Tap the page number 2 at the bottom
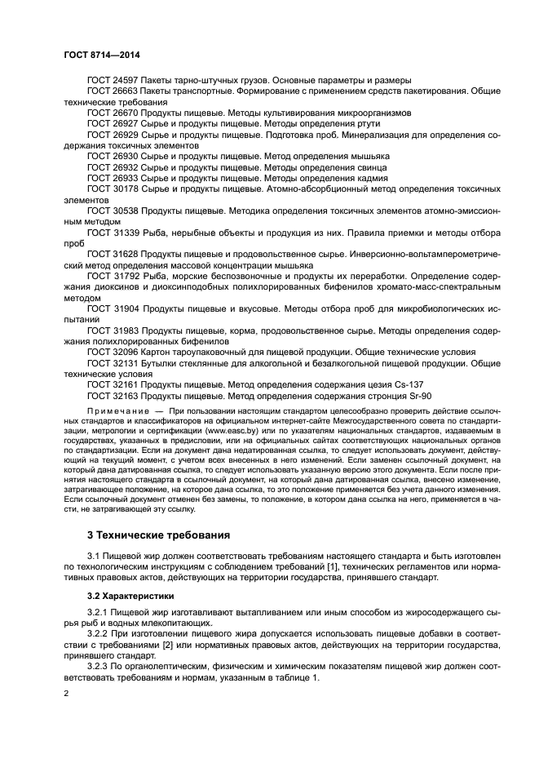[66, 692]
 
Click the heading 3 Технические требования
[158, 535]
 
